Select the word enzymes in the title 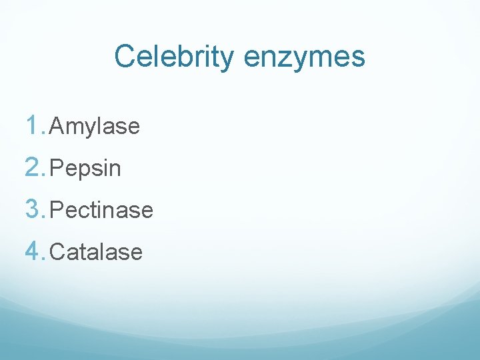coord(304,57)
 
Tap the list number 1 coord(33,125)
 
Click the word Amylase coord(95,127)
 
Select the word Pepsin coord(85,169)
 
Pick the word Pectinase coord(101,210)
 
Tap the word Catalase coord(96,252)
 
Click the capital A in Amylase coord(56,125)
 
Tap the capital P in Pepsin coord(56,168)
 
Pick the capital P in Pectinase coord(56,210)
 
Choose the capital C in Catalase coord(57,252)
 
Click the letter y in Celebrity coord(227,60)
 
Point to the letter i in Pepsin coord(107,168)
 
